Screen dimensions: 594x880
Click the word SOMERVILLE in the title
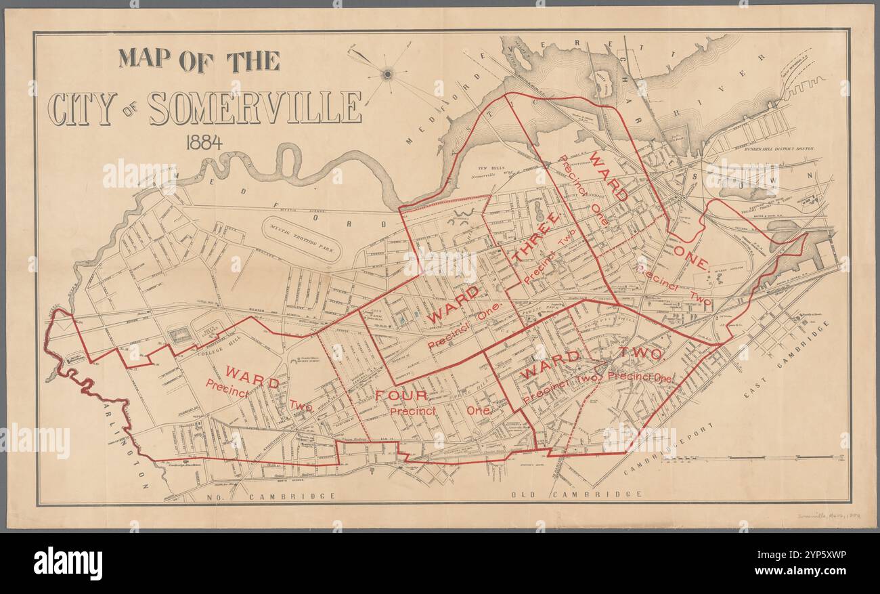pyautogui.click(x=255, y=108)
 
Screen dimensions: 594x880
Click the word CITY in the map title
pyautogui.click(x=82, y=108)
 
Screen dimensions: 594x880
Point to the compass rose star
pyautogui.click(x=387, y=73)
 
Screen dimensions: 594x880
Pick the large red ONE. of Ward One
pyautogui.click(x=691, y=259)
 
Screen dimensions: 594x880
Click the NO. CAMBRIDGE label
pyautogui.click(x=267, y=496)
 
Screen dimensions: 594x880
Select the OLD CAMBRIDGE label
pyautogui.click(x=577, y=494)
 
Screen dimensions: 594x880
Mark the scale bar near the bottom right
pyautogui.click(x=751, y=459)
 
